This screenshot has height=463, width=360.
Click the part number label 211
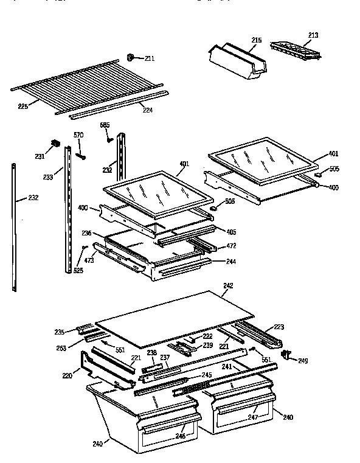149,58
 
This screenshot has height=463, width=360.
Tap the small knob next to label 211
131,57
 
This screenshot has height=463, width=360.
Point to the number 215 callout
257,40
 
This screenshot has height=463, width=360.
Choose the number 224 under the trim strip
147,110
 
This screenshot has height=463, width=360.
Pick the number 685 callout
105,126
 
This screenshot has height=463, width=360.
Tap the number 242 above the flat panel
228,285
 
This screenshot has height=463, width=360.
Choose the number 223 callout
279,327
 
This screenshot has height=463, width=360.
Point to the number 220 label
67,376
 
